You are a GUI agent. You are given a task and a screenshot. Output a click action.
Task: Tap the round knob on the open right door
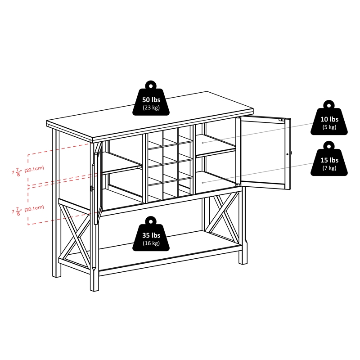point(288,154)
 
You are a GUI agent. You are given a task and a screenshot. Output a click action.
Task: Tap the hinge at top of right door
point(282,120)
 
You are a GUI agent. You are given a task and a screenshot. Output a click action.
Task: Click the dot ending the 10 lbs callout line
point(203,143)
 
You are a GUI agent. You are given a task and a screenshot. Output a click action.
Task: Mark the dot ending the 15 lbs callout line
point(203,182)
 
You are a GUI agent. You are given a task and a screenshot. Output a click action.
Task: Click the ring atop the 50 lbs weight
point(150,84)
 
